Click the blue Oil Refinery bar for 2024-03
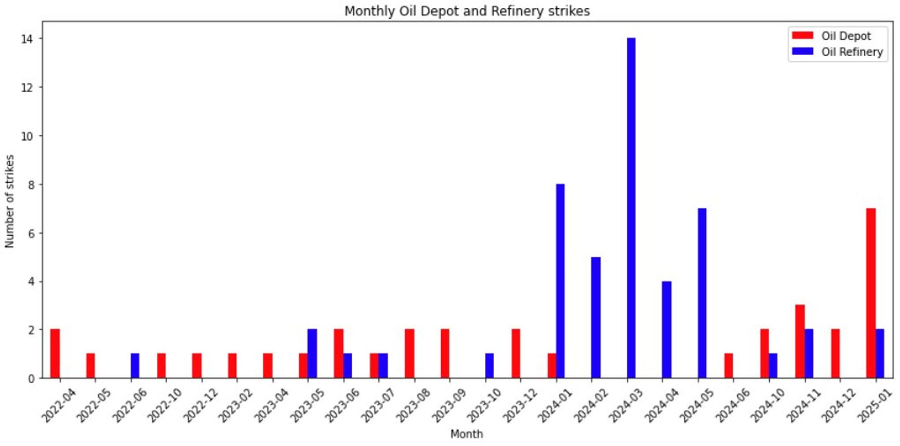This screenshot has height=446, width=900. point(631,208)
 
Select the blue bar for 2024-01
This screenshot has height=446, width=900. point(560,281)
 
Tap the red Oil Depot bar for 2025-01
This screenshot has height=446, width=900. point(870,293)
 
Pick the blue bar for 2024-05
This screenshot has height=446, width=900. point(702,293)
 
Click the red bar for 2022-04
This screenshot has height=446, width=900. point(55,353)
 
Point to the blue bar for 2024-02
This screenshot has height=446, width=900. point(595,317)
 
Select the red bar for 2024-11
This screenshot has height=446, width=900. point(800,342)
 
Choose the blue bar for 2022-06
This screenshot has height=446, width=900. point(135,366)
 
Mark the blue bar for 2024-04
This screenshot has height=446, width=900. point(667,330)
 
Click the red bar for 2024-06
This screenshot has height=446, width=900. point(729,366)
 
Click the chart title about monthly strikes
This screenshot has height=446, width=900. point(467,11)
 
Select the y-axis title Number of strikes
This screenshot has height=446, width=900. point(9,201)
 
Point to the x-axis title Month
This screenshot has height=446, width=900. point(467,434)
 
